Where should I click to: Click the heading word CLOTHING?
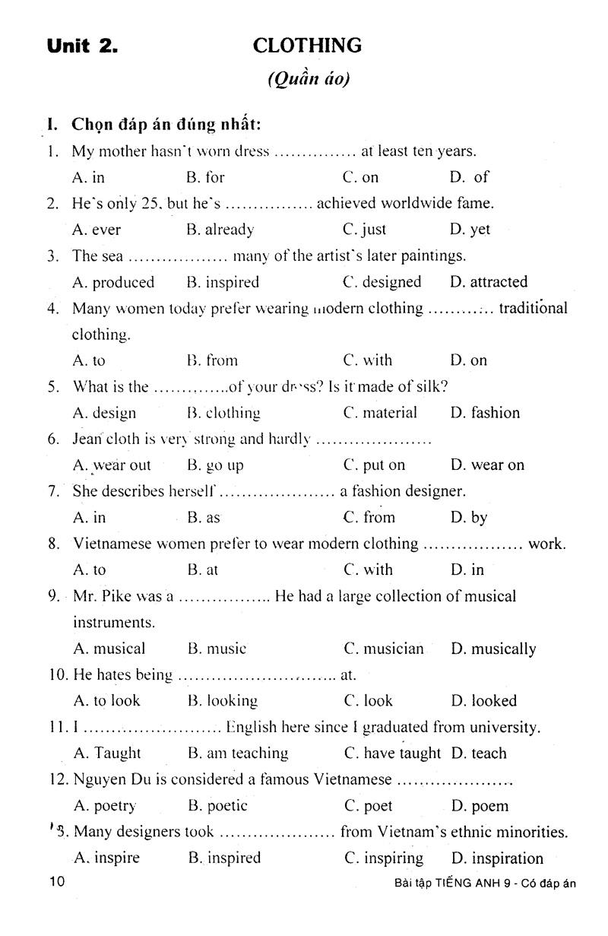(x=307, y=46)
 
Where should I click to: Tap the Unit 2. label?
(x=82, y=46)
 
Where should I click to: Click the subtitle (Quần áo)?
(x=309, y=79)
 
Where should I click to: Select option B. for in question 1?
(x=205, y=177)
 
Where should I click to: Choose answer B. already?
(x=220, y=230)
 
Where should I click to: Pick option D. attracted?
(x=488, y=282)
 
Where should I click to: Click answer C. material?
(x=380, y=413)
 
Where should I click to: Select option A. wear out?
(x=112, y=465)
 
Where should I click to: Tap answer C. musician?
(x=384, y=649)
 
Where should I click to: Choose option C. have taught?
(x=392, y=754)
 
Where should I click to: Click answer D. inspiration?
(x=497, y=858)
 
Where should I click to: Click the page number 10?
(x=57, y=883)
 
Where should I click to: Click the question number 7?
(x=53, y=491)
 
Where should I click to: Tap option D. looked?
(x=483, y=701)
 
